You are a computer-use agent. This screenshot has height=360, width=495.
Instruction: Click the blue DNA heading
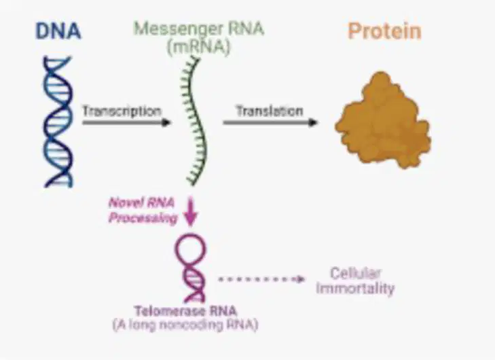58,31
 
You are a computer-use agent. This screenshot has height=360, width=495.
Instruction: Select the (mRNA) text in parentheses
198,47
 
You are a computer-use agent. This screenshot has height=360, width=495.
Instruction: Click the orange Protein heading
384,31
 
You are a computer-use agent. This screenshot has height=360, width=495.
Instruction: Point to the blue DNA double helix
58,122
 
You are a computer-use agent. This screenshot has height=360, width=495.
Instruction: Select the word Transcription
122,111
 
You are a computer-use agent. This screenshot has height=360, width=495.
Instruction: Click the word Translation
270,111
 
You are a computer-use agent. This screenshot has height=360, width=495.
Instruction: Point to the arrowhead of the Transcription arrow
166,122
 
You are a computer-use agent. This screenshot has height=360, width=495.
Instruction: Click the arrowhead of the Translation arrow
312,122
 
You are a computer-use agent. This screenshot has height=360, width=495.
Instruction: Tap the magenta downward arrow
190,211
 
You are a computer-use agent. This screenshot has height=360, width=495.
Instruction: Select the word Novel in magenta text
123,202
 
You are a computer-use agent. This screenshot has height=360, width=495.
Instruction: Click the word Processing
143,218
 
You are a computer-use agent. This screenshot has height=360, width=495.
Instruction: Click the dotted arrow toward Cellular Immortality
261,279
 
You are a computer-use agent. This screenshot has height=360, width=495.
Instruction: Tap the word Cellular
356,273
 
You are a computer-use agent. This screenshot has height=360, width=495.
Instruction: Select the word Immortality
356,289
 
